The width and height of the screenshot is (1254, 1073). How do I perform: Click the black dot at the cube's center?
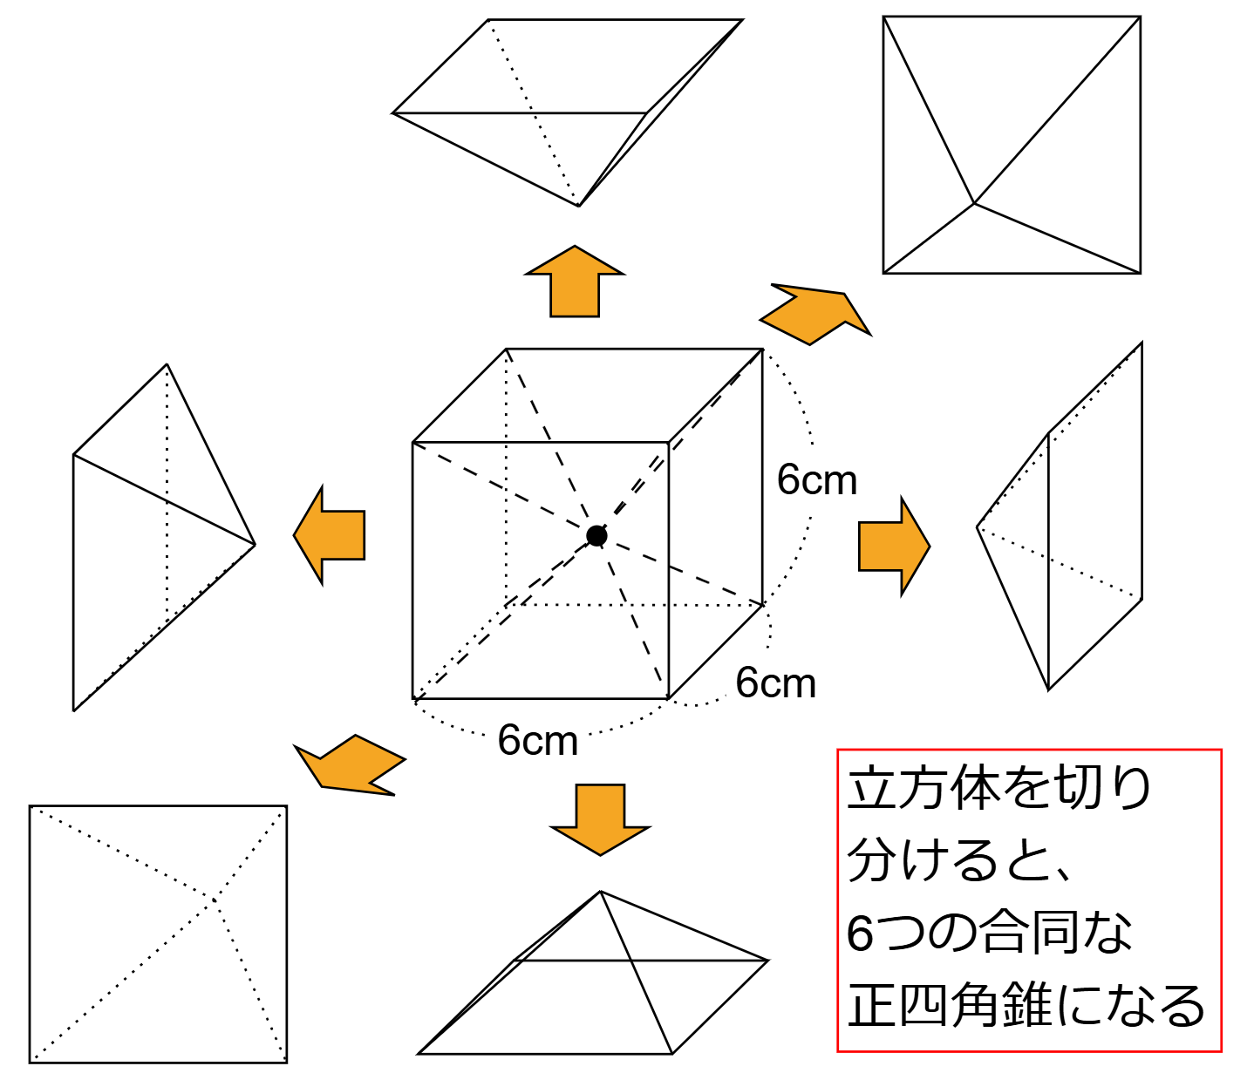pos(596,535)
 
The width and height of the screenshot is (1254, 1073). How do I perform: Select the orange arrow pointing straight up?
pos(575,281)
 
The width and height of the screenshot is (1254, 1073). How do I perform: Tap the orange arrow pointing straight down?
pos(600,820)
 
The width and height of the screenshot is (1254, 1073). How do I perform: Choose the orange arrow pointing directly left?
pos(330,535)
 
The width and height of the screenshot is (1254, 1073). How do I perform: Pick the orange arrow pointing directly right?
pos(894,547)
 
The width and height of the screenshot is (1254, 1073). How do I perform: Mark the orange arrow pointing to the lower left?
pos(350,764)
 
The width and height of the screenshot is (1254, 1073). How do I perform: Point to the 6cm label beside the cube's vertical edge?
pos(816,481)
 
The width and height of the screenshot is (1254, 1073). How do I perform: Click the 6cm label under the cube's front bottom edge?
pos(537,741)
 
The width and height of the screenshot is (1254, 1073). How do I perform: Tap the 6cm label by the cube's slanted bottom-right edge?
pos(775,683)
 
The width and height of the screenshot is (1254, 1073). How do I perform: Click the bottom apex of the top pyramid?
pos(579,207)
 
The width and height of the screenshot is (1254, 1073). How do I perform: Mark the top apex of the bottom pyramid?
pos(600,891)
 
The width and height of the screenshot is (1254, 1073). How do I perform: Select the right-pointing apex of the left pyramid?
pos(255,544)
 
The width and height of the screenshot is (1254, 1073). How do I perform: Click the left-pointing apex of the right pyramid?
pos(978,527)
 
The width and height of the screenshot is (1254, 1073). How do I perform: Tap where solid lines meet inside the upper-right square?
pos(974,203)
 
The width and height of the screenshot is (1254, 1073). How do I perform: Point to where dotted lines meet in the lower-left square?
pos(214,900)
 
